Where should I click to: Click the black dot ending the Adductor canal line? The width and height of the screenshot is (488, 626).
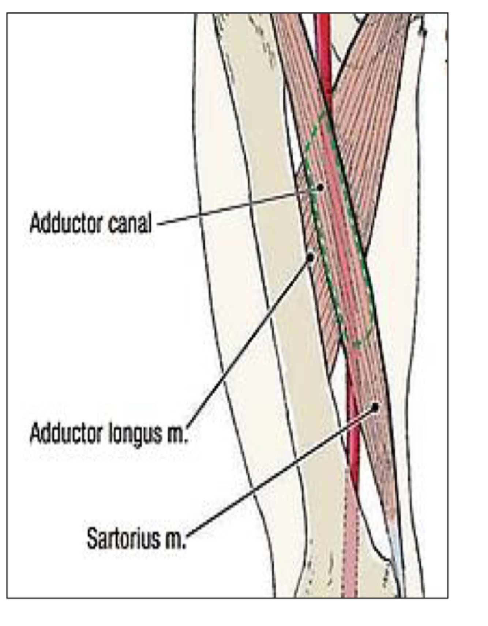pyautogui.click(x=320, y=188)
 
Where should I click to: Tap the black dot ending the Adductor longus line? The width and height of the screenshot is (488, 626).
pyautogui.click(x=310, y=258)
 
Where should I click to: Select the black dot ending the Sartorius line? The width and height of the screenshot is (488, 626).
pyautogui.click(x=375, y=407)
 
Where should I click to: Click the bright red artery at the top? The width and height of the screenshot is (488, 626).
pyautogui.click(x=324, y=55)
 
